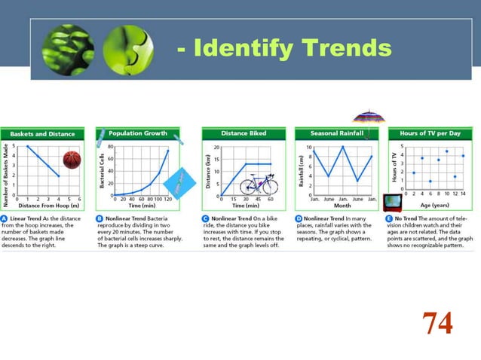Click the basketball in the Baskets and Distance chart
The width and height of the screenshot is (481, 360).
(71, 160)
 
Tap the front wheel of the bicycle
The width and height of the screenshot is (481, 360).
(269, 185)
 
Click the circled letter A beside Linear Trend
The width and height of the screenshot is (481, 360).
(5, 218)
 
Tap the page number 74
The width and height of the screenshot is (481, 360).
(437, 322)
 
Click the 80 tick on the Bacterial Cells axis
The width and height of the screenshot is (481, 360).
(110, 147)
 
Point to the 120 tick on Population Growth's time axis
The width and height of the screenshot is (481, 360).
(167, 200)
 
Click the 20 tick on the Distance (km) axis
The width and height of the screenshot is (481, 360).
(216, 148)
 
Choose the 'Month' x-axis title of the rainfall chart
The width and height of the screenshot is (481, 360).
(342, 205)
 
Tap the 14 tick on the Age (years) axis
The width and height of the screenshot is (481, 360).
(463, 194)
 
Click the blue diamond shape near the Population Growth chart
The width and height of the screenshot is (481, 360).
(179, 181)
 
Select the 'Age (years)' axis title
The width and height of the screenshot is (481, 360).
(435, 204)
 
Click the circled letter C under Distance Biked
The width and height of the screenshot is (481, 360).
(205, 218)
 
